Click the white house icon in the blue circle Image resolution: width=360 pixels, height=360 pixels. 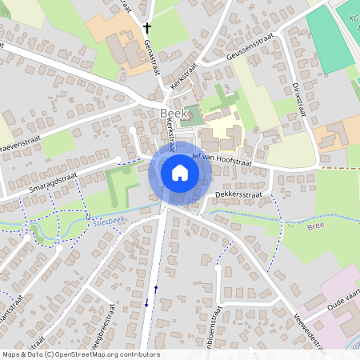coord(179,173)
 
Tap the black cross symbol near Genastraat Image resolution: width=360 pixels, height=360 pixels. coord(146,29)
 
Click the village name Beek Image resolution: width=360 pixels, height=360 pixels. coord(174,114)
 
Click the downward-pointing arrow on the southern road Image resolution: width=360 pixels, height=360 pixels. coord(146,303)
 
